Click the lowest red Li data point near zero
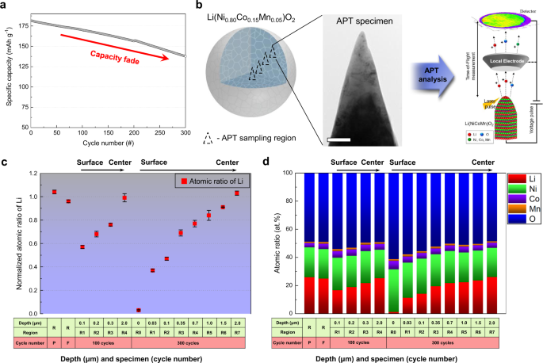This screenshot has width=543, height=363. tap(139, 310)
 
